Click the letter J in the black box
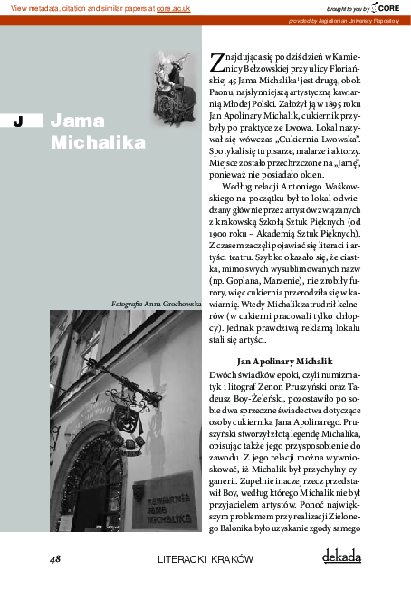(17, 121)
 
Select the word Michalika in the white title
(98, 143)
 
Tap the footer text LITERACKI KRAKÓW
(205, 559)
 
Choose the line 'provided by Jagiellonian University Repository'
(343, 20)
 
